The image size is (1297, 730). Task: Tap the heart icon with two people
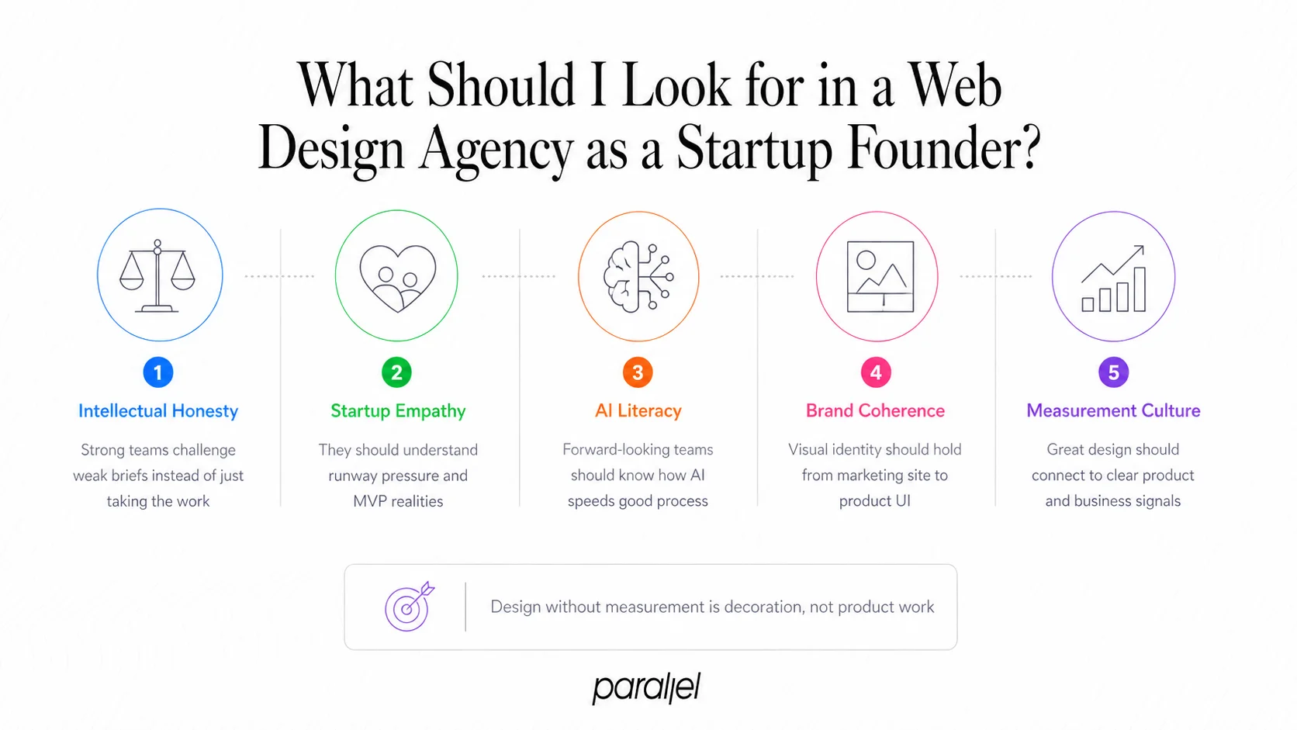(397, 277)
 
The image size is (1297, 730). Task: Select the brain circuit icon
(638, 276)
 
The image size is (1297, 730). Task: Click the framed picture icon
(880, 277)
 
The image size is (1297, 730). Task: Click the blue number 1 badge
(158, 372)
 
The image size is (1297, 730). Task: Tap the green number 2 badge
(397, 372)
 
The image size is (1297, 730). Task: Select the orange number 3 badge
(638, 372)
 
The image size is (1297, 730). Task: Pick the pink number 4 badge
(876, 372)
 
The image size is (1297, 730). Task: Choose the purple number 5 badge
(1113, 372)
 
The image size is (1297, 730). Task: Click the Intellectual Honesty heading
(158, 411)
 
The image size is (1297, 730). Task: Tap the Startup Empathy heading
(398, 411)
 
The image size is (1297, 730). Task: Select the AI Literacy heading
(638, 410)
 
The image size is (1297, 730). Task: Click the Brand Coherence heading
(875, 410)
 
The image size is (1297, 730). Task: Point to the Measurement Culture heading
(1113, 410)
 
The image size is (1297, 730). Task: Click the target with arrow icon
(409, 606)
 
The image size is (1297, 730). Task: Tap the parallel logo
(646, 687)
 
